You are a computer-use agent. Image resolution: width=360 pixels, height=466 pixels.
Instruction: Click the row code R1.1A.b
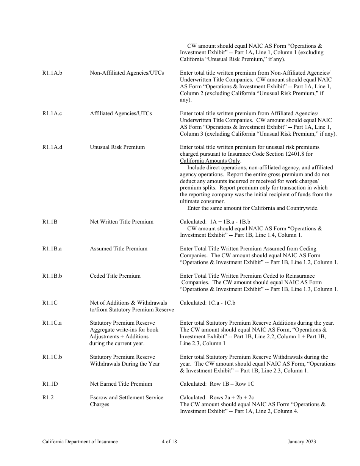(52, 73)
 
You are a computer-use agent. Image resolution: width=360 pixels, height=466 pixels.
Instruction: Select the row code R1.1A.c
(52, 113)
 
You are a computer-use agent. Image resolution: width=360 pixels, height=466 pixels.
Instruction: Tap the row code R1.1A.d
(52, 147)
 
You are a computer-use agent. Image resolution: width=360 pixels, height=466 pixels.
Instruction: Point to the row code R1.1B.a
(52, 249)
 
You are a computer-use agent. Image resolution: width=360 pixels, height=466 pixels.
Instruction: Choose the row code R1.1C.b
(52, 357)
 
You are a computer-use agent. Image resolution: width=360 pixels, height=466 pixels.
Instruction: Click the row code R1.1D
(50, 384)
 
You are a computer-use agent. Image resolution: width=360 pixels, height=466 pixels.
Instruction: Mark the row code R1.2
(48, 397)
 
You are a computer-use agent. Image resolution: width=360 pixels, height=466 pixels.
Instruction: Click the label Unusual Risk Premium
(117, 147)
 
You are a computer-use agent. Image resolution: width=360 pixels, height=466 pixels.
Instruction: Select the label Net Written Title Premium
(122, 222)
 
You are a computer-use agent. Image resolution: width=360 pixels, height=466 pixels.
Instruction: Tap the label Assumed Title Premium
(119, 249)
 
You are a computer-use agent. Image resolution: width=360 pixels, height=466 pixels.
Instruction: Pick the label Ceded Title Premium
(115, 276)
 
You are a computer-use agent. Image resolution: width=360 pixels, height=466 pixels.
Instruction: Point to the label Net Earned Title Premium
(121, 384)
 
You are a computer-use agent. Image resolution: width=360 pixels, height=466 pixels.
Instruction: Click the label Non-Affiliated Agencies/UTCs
(127, 73)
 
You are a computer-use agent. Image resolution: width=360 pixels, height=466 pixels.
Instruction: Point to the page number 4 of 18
(167, 441)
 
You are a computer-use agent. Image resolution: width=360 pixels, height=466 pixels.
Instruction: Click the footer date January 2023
(302, 441)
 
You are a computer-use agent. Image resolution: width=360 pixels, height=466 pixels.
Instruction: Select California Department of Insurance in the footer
(80, 441)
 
